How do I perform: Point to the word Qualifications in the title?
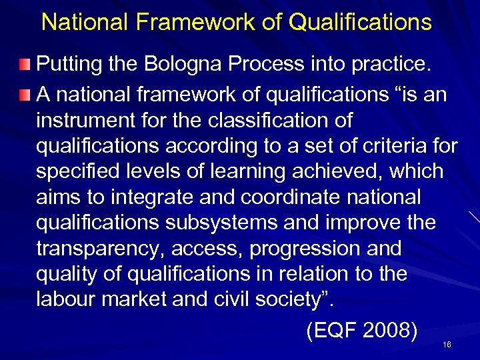[360, 23]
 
